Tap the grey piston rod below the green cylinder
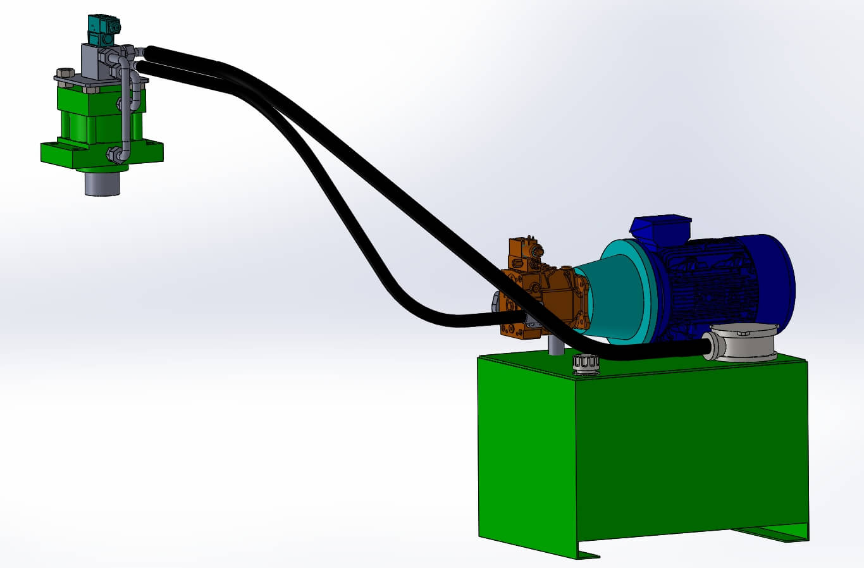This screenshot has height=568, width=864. pos(102,183)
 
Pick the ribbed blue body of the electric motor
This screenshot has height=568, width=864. pos(715,285)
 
